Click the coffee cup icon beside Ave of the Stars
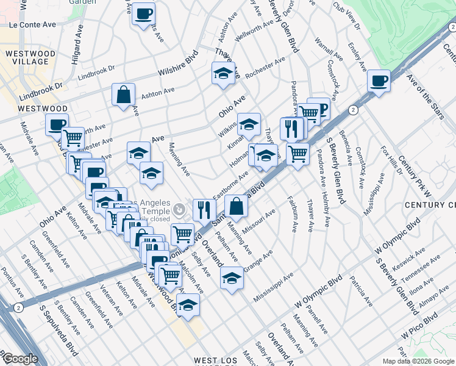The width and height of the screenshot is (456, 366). [379, 81]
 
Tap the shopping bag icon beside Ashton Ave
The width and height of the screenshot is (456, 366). [123, 95]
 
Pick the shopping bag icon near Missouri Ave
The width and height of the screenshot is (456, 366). [236, 207]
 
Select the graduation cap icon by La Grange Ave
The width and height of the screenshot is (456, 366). [231, 278]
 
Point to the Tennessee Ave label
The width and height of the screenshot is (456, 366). [426, 266]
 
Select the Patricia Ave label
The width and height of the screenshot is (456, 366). [362, 292]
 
